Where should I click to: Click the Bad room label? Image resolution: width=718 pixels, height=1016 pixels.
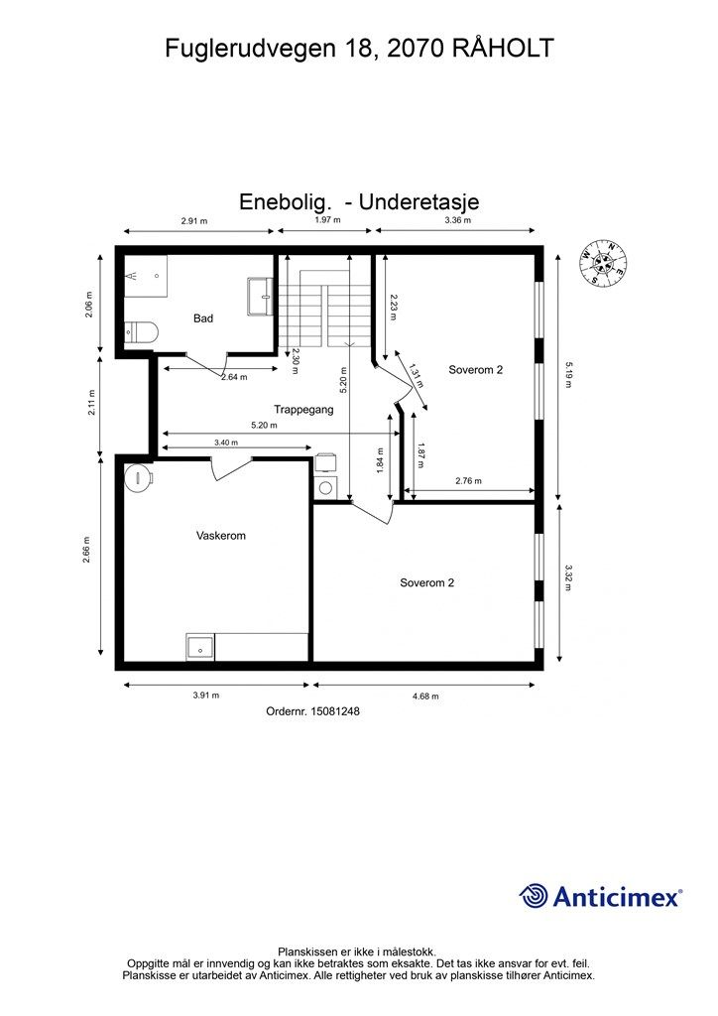202,318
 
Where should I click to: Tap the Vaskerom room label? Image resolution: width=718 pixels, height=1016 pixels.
221,536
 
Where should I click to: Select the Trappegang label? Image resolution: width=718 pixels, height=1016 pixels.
303,410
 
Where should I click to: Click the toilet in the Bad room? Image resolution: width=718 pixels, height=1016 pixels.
141,332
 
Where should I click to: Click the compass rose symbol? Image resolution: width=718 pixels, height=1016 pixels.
603,262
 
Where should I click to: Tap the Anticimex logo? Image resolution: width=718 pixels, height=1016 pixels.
600,896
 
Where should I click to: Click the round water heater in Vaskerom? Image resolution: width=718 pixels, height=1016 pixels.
139,477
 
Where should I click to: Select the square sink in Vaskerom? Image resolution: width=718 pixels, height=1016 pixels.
200,647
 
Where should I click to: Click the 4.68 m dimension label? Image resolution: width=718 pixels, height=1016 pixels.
425,697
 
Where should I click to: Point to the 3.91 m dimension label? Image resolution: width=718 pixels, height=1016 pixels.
206,696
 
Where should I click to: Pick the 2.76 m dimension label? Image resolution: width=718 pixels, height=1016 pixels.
468,481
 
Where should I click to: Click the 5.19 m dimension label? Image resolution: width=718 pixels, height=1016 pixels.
568,374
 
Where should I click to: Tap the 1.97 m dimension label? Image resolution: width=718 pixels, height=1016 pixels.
327,219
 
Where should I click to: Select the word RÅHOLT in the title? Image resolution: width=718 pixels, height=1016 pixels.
503,48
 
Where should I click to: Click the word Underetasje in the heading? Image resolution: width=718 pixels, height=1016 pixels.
419,201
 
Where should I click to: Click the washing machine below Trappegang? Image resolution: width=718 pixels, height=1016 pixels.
326,487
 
